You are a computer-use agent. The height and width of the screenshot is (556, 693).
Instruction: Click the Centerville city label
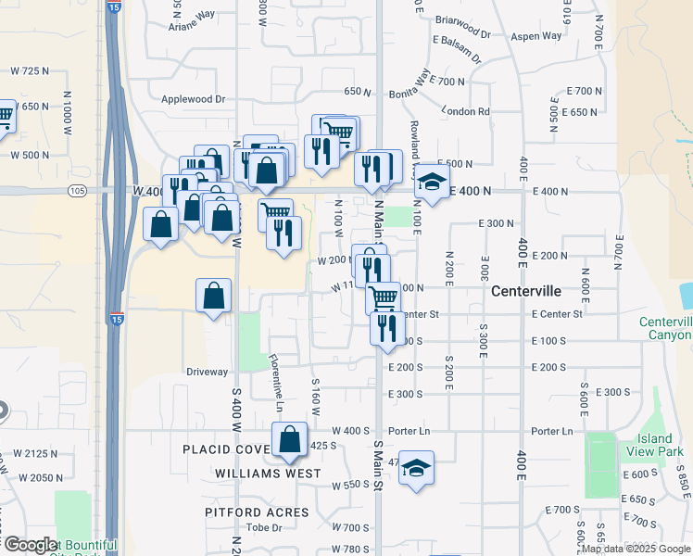pyautogui.click(x=525, y=290)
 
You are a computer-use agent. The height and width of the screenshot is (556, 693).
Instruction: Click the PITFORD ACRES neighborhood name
pyautogui.click(x=257, y=512)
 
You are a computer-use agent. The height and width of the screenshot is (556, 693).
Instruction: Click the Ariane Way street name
pyautogui.click(x=191, y=27)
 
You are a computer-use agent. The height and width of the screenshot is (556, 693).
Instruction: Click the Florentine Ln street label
pyautogui.click(x=276, y=381)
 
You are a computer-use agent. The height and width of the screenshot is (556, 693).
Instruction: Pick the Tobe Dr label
pyautogui.click(x=263, y=527)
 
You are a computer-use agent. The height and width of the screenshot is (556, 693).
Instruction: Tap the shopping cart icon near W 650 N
pyautogui.click(x=5, y=117)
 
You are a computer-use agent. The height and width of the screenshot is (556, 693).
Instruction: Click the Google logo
pyautogui.click(x=31, y=545)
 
